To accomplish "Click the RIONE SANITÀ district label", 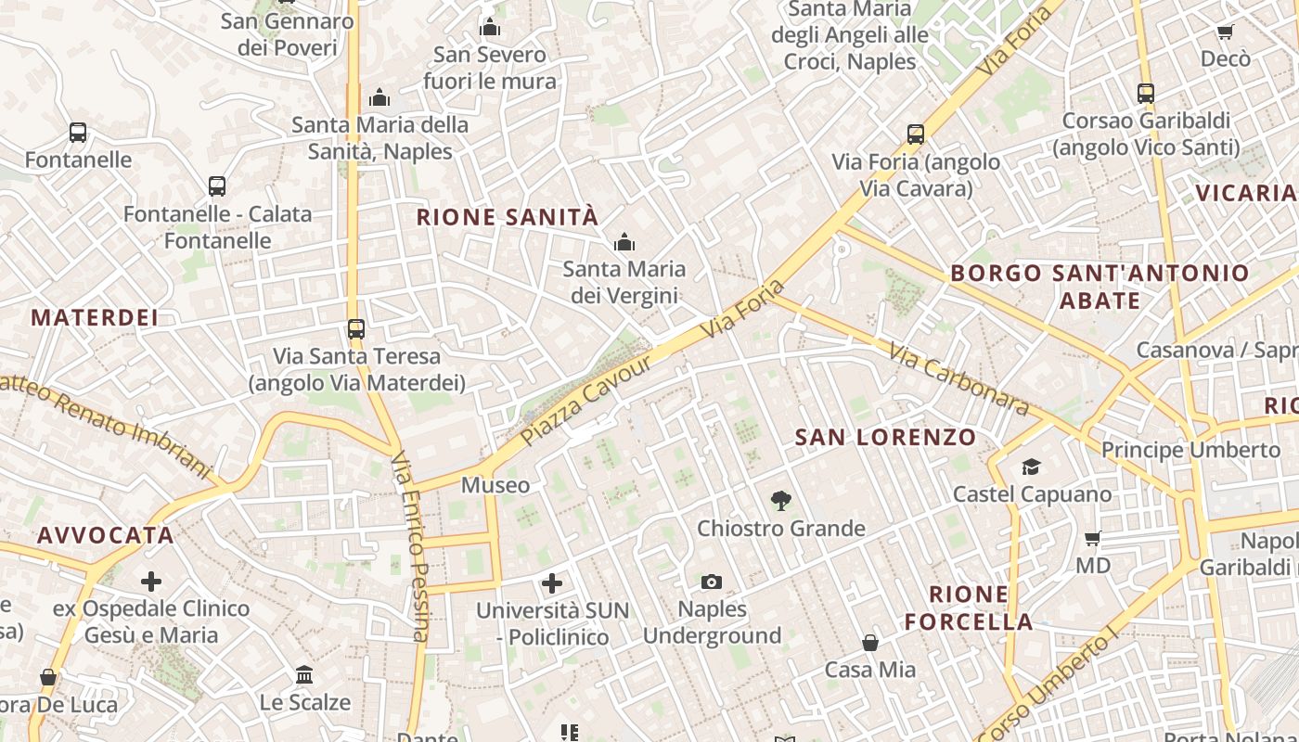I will [507, 217].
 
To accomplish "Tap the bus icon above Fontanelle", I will [78, 133].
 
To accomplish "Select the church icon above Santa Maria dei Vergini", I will [624, 243].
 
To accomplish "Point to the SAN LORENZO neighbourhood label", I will [885, 437].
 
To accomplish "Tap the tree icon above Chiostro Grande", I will [780, 501].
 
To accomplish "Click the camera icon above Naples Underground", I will [712, 582].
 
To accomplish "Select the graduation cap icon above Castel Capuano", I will [1031, 466].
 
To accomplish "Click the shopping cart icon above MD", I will [1093, 538].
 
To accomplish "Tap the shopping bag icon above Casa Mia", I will [870, 642].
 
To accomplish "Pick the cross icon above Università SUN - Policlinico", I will [552, 583].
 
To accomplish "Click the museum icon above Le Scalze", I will [304, 674].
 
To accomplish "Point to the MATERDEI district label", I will [95, 317].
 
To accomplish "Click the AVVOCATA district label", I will [106, 535].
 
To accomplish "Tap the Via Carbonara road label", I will [958, 378].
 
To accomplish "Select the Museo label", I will [495, 485].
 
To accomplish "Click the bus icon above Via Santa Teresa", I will [356, 328].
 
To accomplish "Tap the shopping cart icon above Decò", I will [1225, 32].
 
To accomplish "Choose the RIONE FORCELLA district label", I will [969, 608].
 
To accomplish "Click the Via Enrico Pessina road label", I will [409, 547].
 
